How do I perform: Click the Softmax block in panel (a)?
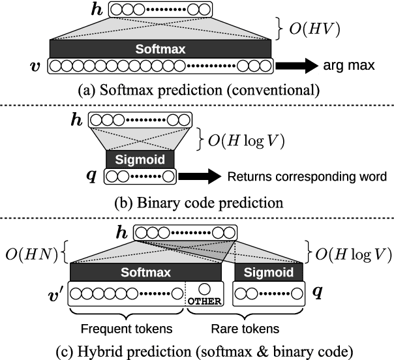coord(160,49)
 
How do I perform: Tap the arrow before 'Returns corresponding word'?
coord(201,176)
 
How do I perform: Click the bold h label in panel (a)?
coord(98,9)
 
